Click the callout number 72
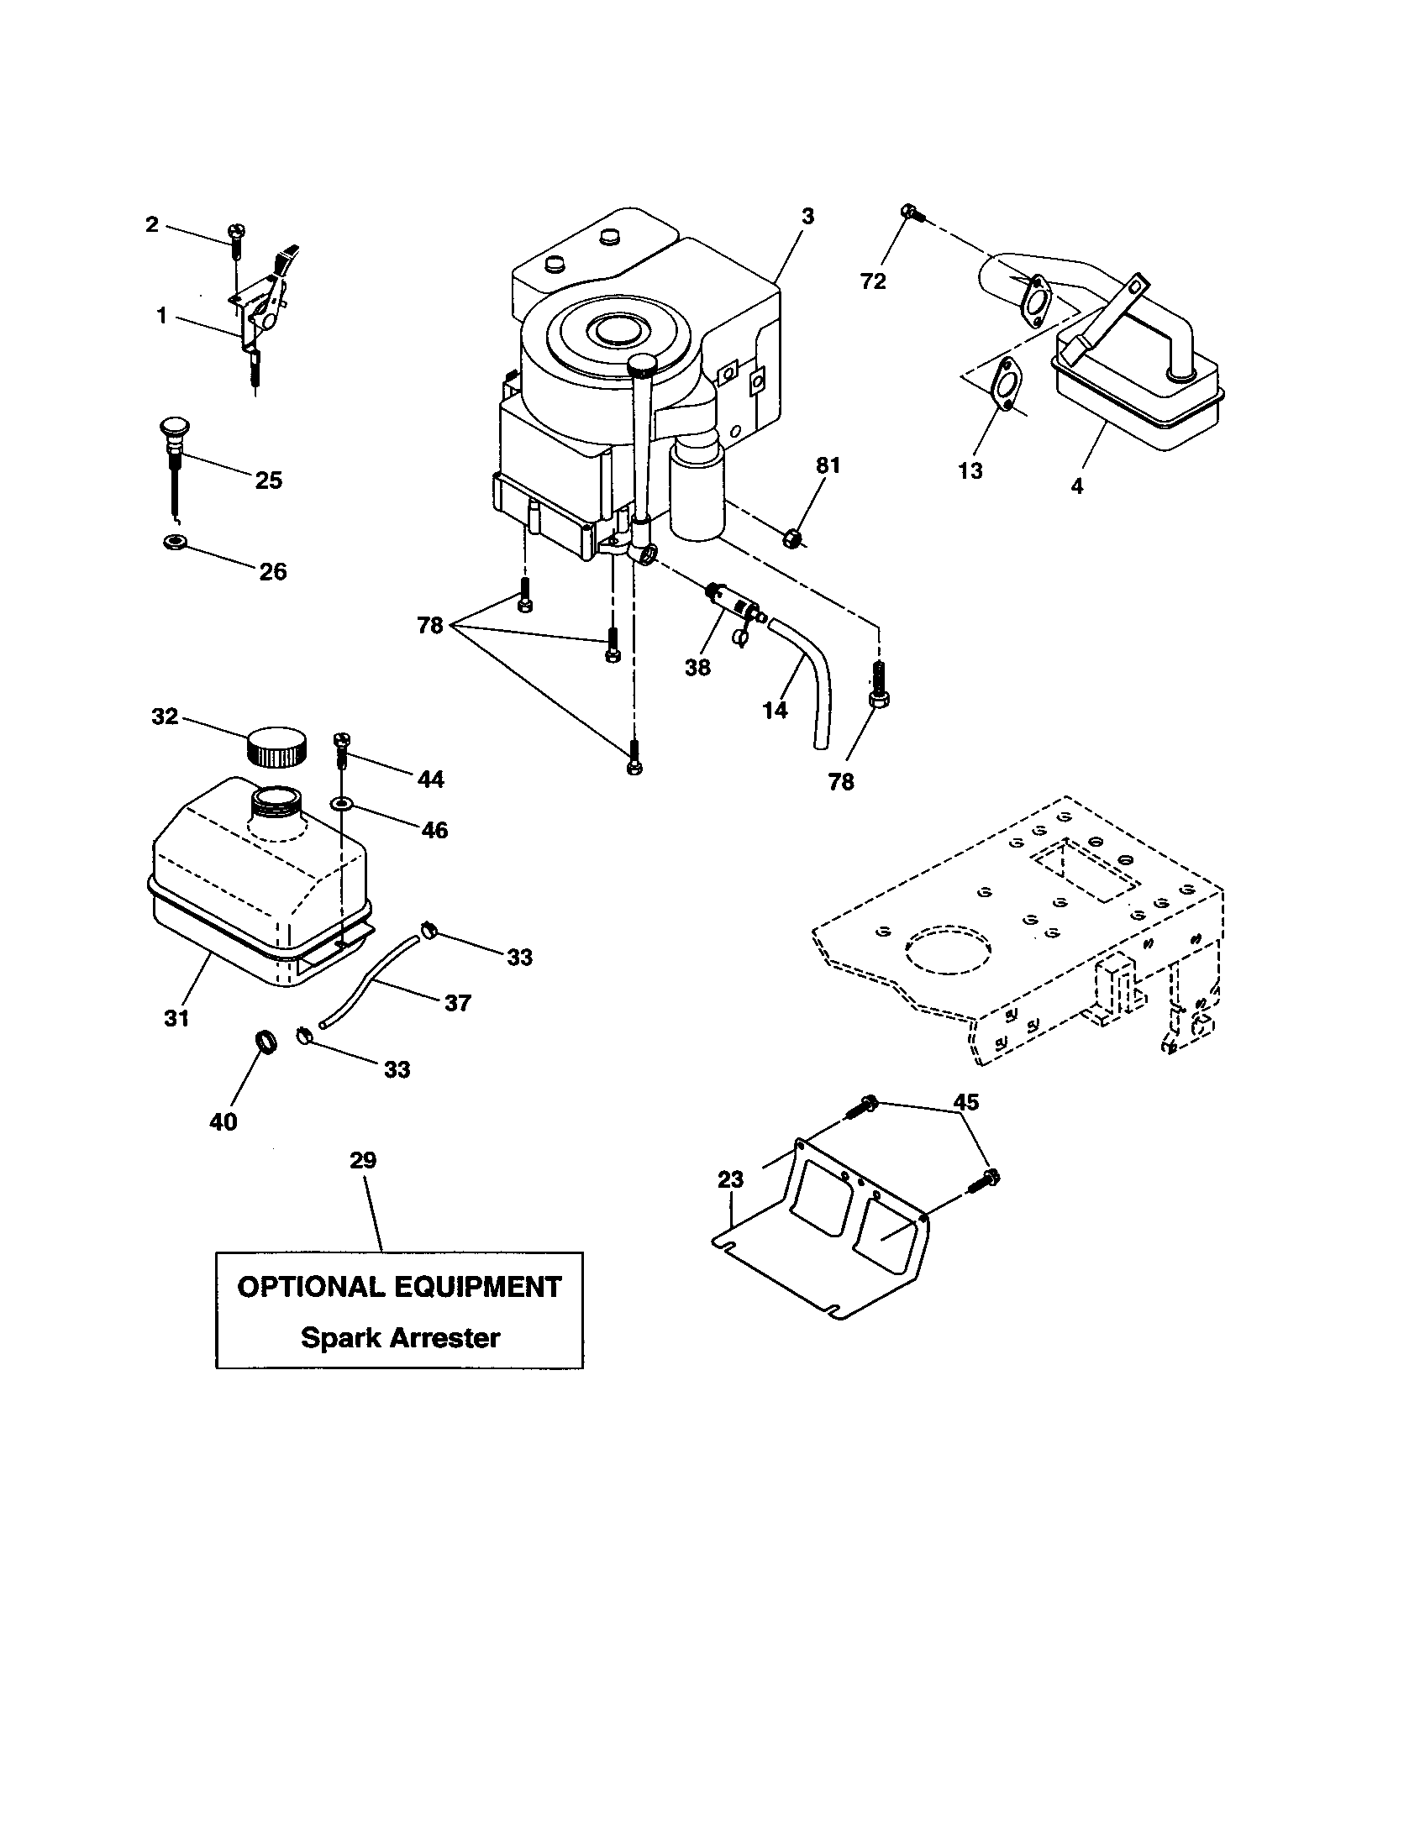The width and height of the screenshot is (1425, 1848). (872, 281)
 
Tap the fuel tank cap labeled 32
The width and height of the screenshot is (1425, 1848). (276, 746)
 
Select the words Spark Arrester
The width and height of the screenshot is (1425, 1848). (400, 1338)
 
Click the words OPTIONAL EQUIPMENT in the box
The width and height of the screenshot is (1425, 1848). (399, 1287)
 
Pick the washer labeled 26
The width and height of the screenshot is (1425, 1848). (175, 541)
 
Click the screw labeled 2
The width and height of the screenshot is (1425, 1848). (236, 234)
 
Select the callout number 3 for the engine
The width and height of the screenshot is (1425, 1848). (807, 217)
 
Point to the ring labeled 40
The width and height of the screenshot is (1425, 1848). (266, 1042)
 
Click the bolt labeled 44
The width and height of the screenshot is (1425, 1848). (342, 747)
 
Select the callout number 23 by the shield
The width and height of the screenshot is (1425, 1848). (730, 1179)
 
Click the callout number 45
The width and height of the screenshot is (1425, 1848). (965, 1102)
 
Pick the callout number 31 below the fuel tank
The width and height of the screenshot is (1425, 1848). (176, 1019)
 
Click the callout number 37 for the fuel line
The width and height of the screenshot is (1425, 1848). (457, 1004)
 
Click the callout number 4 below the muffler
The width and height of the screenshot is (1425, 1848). (1076, 486)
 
